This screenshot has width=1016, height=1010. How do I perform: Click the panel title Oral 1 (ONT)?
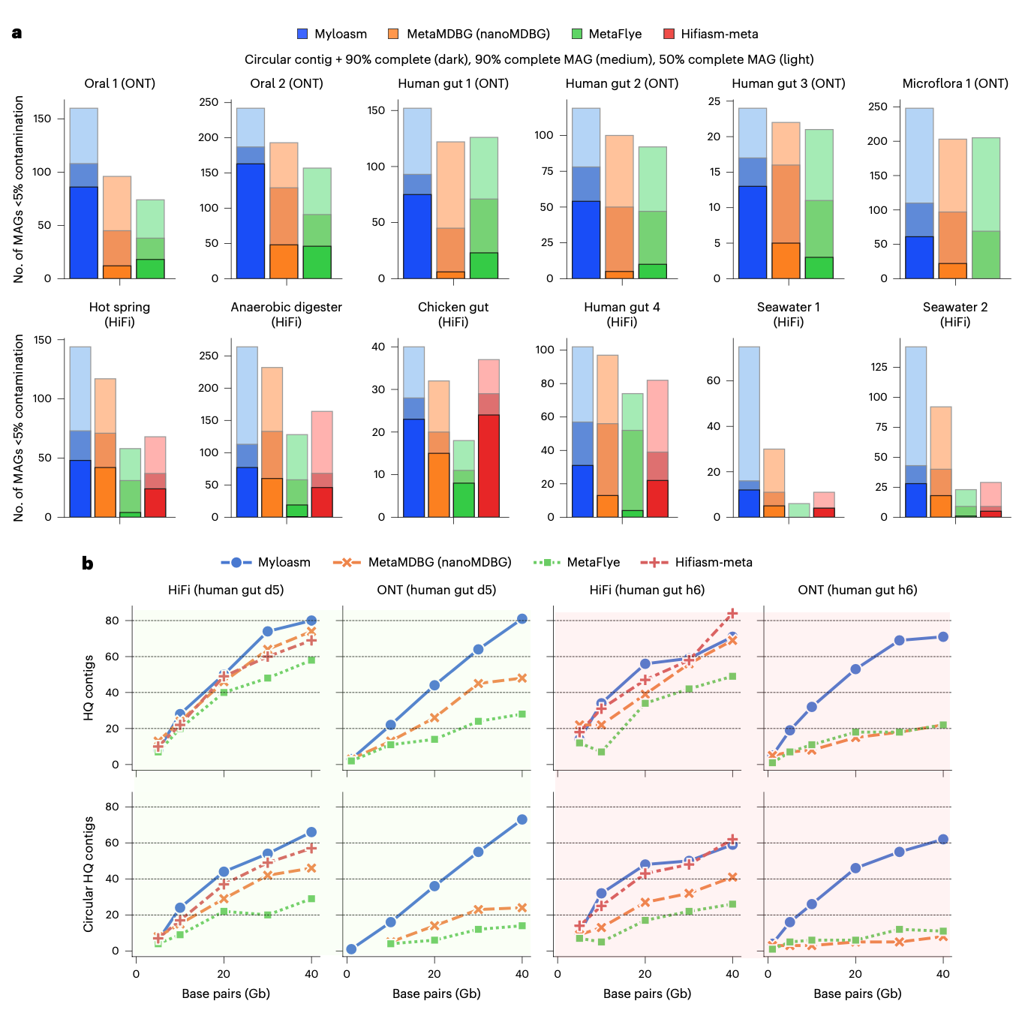click(119, 83)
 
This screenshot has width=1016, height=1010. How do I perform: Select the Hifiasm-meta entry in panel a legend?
click(711, 34)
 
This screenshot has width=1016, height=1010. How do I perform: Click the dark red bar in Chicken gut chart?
click(488, 465)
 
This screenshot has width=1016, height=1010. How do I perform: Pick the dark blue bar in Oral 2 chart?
click(250, 221)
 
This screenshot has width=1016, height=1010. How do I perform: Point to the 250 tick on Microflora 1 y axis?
click(877, 107)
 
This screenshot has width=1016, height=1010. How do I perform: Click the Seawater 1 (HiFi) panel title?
click(788, 314)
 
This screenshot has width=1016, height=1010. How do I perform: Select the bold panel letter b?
click(88, 564)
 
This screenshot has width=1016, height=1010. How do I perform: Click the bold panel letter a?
click(17, 33)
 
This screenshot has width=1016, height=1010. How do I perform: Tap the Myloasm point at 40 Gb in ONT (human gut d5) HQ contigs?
click(522, 619)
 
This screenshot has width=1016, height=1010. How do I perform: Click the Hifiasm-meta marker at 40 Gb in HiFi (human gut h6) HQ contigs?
click(732, 614)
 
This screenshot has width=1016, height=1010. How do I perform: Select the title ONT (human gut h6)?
click(857, 590)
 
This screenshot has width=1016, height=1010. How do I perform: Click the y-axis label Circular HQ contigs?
click(89, 874)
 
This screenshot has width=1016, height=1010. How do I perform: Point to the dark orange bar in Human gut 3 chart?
click(786, 260)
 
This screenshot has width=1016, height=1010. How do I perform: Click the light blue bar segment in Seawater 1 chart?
click(749, 413)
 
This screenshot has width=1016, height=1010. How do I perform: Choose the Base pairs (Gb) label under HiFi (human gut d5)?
click(226, 993)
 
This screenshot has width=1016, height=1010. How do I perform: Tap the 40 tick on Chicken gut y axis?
click(379, 347)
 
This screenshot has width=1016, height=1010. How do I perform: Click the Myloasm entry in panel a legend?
click(332, 34)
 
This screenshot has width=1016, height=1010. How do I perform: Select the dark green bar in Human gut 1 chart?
click(484, 266)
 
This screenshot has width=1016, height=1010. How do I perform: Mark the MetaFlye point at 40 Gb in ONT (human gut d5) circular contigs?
click(522, 926)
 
